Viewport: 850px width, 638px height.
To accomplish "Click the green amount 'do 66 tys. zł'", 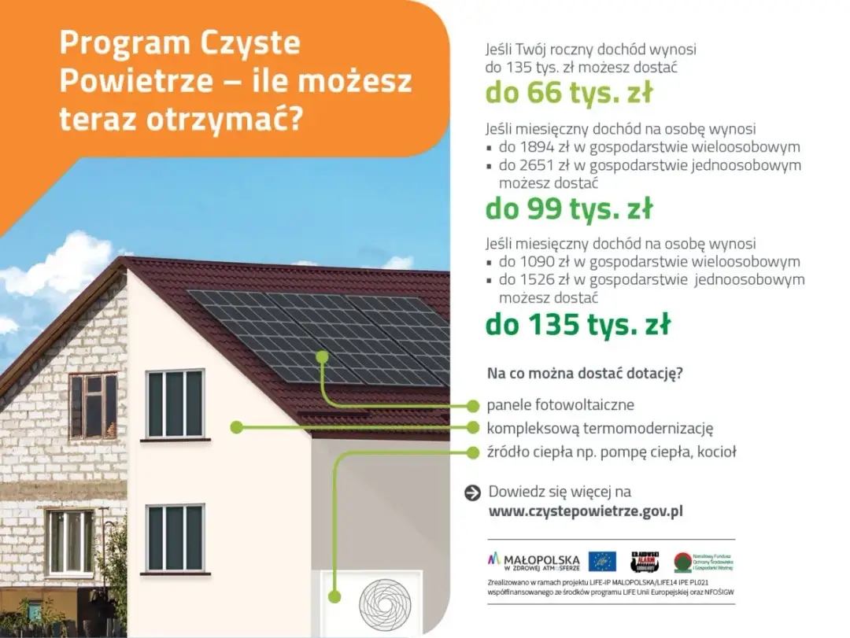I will (568, 93).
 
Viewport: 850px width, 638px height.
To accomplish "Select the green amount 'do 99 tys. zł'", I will (568, 208).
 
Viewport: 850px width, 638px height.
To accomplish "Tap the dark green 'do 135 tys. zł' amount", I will (578, 323).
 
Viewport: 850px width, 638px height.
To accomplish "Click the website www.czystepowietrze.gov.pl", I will (586, 511).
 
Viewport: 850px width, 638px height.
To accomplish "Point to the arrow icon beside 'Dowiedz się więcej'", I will (472, 492).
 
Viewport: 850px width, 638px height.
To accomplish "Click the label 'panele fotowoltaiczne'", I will (560, 406).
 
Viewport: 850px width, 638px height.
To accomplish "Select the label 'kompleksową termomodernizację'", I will (600, 429).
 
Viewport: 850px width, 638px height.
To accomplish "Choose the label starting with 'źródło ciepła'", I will (612, 452).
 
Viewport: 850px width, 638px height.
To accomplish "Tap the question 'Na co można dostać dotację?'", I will (585, 373).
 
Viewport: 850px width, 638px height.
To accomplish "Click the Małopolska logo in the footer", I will (534, 561).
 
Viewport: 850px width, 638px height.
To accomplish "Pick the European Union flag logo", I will (602, 561).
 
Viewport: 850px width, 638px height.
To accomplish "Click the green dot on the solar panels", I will (321, 356).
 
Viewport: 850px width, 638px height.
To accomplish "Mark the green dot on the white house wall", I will (235, 427).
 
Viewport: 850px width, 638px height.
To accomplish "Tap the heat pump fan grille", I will (385, 603).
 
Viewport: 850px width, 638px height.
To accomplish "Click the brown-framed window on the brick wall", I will (93, 406).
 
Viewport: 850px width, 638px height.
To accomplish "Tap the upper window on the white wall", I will (176, 404).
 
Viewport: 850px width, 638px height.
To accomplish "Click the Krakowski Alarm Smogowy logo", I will (645, 561).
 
